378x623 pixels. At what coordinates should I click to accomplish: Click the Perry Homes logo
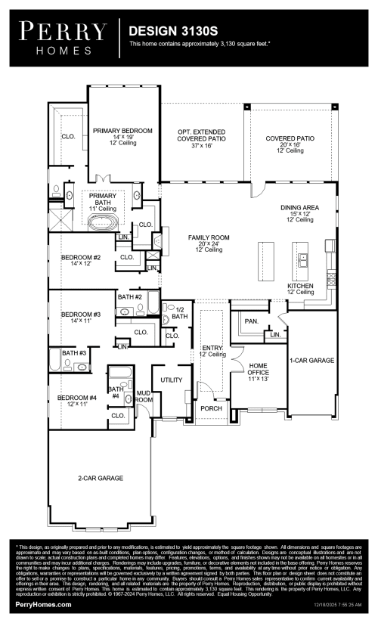[64, 36]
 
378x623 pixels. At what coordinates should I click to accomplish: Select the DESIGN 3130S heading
[167, 32]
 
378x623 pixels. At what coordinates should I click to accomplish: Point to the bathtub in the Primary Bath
[102, 222]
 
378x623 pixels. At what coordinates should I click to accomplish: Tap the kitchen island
[265, 262]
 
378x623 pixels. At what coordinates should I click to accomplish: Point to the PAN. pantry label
[252, 321]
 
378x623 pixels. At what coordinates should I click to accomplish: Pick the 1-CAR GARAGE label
[311, 361]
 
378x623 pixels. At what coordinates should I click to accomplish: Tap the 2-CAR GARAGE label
[100, 478]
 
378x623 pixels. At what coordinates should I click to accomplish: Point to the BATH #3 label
[74, 353]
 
